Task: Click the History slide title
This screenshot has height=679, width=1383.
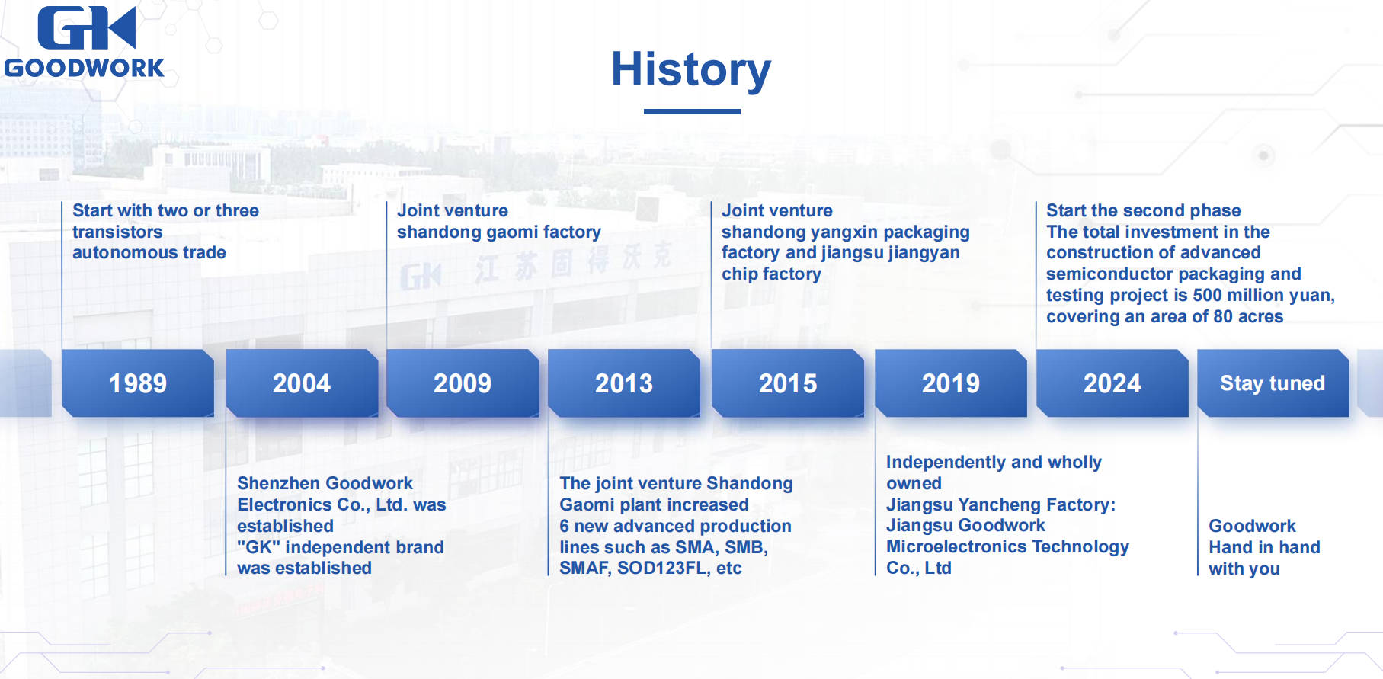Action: click(691, 69)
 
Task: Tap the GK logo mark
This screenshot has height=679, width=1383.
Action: click(86, 28)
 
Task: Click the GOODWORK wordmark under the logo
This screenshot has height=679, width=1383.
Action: click(85, 68)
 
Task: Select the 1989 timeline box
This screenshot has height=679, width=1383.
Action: click(138, 383)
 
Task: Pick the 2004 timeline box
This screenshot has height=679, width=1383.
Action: click(302, 383)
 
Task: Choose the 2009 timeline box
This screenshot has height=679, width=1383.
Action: click(463, 383)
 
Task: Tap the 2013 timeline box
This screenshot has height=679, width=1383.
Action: click(624, 383)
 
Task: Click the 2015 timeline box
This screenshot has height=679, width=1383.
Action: click(788, 383)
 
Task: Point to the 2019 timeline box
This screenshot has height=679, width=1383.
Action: click(951, 383)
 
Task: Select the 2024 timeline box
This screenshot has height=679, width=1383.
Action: click(1112, 383)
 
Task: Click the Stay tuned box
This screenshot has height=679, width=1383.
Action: click(1273, 383)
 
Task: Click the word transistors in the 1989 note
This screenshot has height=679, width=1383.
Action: click(117, 232)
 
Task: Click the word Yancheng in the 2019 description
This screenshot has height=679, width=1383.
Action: click(1000, 504)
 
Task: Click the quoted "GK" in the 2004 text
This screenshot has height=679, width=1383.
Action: click(258, 547)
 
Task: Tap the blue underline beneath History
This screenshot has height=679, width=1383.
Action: click(692, 111)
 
